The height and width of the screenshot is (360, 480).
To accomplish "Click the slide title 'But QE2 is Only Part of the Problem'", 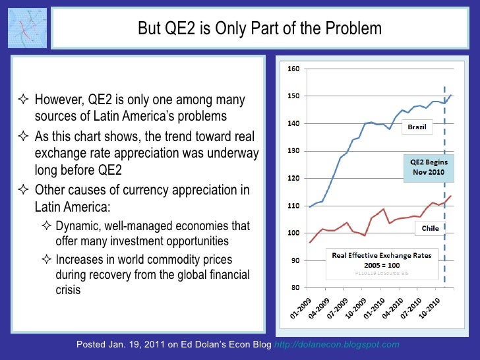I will click(259, 29).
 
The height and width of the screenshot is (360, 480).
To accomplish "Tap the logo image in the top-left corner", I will click(28, 29).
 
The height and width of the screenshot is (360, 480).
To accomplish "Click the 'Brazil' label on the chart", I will click(416, 126).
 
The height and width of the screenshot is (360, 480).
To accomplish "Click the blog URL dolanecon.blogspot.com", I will click(355, 345).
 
